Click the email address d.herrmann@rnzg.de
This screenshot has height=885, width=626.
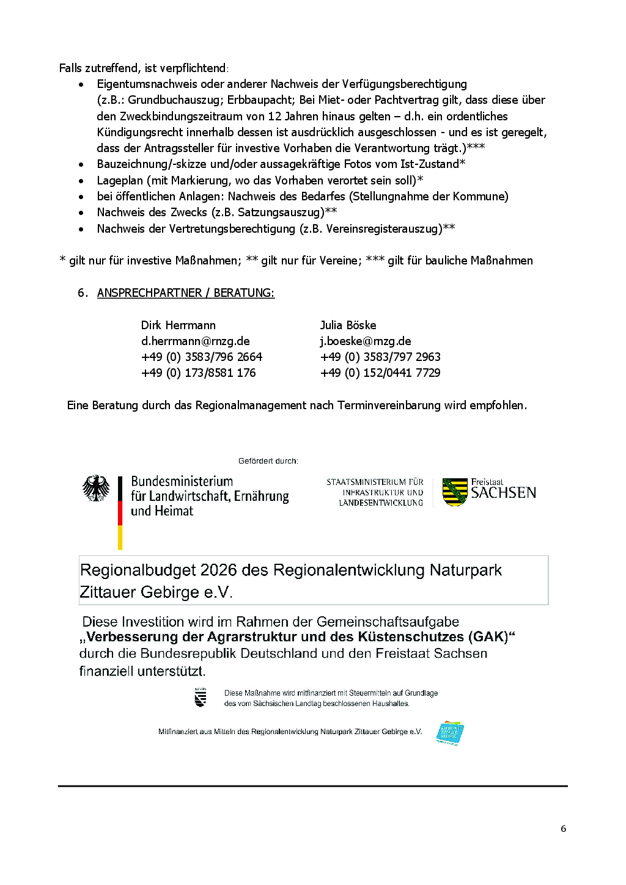pos(195,341)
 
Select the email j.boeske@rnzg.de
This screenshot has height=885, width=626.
pos(365,341)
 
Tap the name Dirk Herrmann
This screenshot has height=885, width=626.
pos(178,326)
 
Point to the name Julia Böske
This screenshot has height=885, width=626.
pos(348,326)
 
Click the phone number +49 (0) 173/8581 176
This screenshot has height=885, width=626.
pos(198,373)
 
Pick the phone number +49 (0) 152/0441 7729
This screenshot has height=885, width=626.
pos(380,373)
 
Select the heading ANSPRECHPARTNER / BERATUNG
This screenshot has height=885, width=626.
pos(185,293)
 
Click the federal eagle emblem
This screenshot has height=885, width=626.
pos(96,489)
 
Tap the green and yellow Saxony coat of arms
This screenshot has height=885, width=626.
pos(454,492)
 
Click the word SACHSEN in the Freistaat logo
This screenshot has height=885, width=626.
pos(503,493)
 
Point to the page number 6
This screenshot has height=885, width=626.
pos(563,829)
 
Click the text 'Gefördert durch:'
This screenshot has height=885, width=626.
pos(268,461)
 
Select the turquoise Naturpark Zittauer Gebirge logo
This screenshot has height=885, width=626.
pos(450,732)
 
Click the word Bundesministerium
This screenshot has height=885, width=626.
pos(182,481)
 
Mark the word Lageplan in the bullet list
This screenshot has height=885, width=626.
pos(120,181)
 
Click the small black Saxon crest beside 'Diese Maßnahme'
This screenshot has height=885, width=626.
pos(201,697)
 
